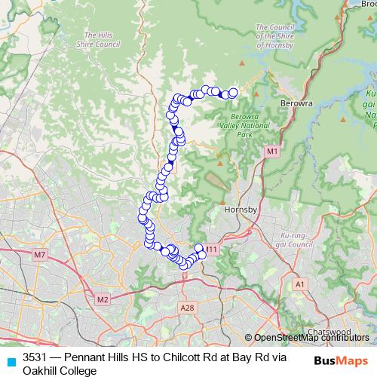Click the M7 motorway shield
(40, 256)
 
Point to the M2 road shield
(102, 299)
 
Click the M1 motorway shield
(271, 152)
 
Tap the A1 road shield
(300, 284)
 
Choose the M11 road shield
(211, 250)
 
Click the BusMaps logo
(341, 360)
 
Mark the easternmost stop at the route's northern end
(233, 93)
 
